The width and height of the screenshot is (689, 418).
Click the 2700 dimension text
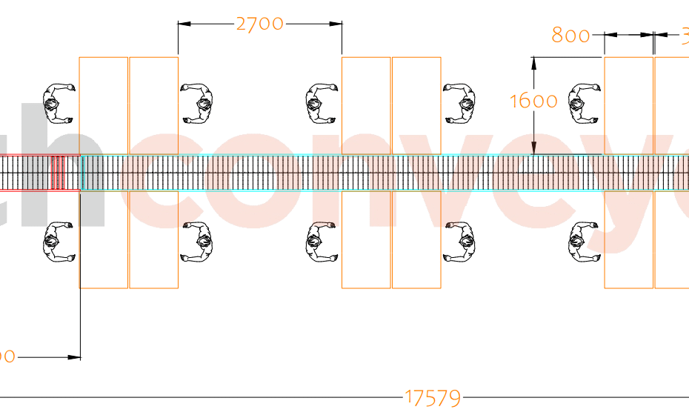(259, 24)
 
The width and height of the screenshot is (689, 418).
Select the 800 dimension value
(571, 35)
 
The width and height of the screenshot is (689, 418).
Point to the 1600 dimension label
(533, 101)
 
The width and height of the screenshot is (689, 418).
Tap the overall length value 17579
(433, 398)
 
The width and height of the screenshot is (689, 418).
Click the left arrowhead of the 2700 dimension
(184, 24)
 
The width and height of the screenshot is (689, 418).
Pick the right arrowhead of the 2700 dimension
(336, 24)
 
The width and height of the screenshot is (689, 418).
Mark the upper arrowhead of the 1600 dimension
(533, 62)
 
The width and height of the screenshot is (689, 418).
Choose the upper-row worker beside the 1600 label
(584, 103)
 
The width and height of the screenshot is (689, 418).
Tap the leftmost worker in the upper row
(59, 103)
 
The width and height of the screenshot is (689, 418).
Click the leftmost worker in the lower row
(59, 242)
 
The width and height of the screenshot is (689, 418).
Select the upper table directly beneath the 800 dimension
(629, 105)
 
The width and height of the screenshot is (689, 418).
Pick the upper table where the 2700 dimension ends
(366, 105)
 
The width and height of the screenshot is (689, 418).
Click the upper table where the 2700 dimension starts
(153, 105)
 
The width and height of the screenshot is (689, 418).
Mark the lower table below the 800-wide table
(629, 239)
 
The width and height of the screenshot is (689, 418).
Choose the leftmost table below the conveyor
(104, 239)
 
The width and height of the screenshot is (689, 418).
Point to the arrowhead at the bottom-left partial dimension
(74, 357)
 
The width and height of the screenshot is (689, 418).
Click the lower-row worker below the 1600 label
(584, 242)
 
